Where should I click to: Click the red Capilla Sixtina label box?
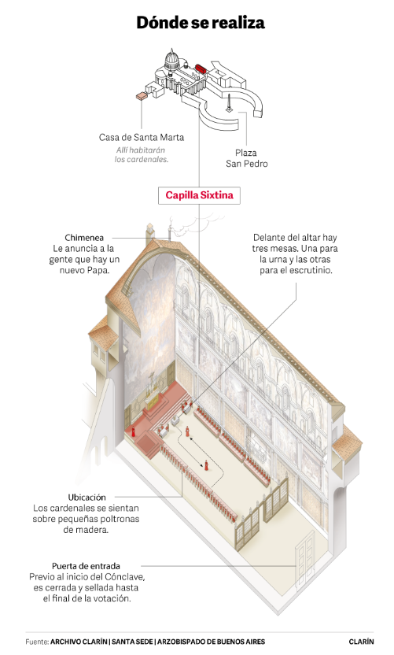click(x=199, y=195)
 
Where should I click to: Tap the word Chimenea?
click(x=84, y=238)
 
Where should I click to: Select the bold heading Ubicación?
click(x=87, y=497)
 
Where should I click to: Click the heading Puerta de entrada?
click(x=86, y=566)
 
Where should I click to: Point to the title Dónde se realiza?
click(x=201, y=22)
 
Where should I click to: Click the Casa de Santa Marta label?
click(x=141, y=137)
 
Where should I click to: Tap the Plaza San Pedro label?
click(x=246, y=158)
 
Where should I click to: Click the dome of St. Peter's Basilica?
click(x=171, y=59)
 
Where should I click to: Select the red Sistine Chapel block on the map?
click(x=201, y=69)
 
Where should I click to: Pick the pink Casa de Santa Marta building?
click(x=142, y=96)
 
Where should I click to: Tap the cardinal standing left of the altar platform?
click(x=134, y=431)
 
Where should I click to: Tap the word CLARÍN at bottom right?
click(x=361, y=641)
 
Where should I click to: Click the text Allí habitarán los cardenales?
click(x=142, y=154)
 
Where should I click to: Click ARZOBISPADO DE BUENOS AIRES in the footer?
click(x=212, y=641)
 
